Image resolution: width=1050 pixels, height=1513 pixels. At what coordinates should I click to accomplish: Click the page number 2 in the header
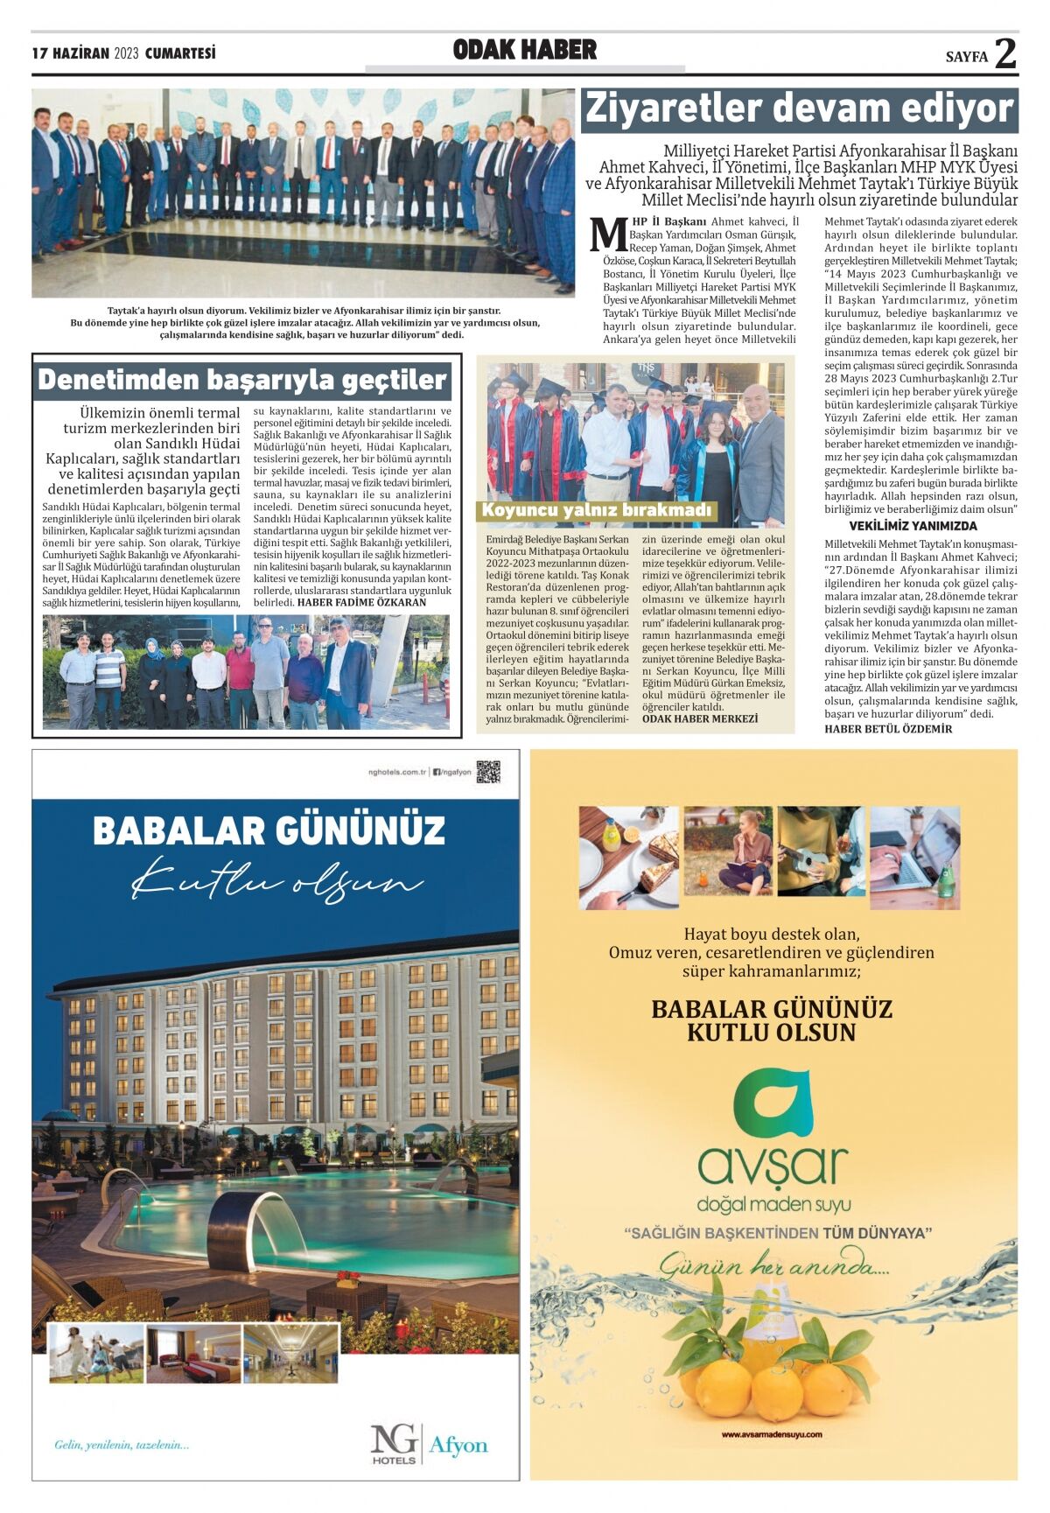(1004, 53)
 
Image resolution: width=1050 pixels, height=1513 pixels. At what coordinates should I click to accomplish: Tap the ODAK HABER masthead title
(524, 51)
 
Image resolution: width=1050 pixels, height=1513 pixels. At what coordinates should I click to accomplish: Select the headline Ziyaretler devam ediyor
(799, 109)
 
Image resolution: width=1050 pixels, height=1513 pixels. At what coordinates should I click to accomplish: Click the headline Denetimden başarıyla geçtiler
(242, 380)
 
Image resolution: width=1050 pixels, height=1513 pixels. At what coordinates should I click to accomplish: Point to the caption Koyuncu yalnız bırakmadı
(598, 510)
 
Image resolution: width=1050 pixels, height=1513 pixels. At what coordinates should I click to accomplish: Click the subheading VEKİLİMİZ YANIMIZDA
(913, 526)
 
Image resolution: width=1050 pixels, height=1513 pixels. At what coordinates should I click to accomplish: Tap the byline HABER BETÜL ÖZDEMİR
(888, 729)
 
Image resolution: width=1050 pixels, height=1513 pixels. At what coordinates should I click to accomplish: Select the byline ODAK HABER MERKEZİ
(700, 718)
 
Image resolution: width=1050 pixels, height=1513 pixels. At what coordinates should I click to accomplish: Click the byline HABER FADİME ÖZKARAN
(361, 602)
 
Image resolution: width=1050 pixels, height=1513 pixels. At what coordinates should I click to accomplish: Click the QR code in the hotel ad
(487, 772)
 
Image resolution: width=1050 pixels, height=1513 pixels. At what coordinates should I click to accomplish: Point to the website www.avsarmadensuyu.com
(773, 1434)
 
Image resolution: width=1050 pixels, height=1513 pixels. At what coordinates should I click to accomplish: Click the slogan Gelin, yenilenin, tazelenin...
(122, 1445)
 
